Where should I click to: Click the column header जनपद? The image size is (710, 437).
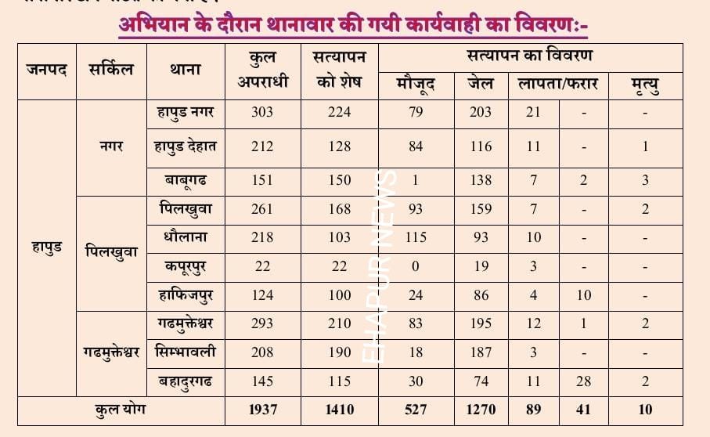point(46,70)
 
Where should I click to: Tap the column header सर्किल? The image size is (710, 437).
point(111,70)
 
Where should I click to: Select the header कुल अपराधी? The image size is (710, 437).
point(262,70)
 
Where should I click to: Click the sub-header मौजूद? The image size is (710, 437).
point(416,84)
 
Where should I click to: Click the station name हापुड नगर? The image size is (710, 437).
point(186,112)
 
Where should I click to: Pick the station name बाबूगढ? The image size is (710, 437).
point(186,181)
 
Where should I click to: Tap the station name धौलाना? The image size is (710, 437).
point(186,237)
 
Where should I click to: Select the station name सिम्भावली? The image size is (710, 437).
point(186,352)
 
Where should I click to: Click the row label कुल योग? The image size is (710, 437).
point(121,410)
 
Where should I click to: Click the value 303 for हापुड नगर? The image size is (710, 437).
point(262,112)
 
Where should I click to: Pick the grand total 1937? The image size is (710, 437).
point(262,410)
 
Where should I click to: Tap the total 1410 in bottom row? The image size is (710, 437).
point(338,410)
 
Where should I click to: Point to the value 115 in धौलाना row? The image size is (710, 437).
point(416,237)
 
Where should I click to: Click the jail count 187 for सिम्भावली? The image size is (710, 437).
point(481,352)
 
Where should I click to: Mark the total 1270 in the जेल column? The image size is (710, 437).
point(481,410)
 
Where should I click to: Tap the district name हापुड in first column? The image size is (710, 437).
point(46,247)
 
